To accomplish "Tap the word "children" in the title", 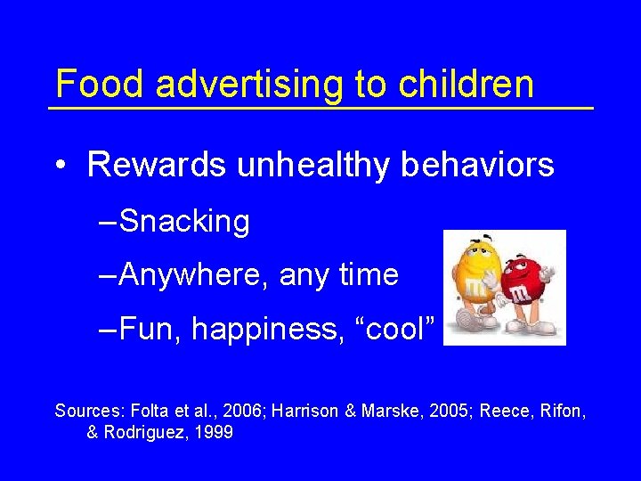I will pyautogui.click(x=467, y=85).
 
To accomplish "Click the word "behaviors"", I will pyautogui.click(x=482, y=165).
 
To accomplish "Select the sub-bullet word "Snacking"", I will pyautogui.click(x=184, y=221).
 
